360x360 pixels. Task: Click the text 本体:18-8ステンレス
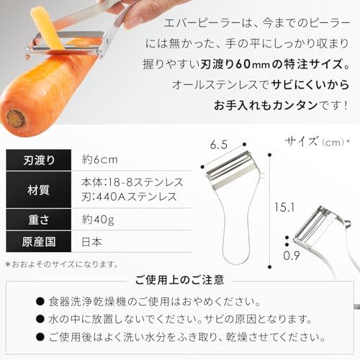(x=132, y=182)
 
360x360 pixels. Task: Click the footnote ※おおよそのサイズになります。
(x=61, y=264)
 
